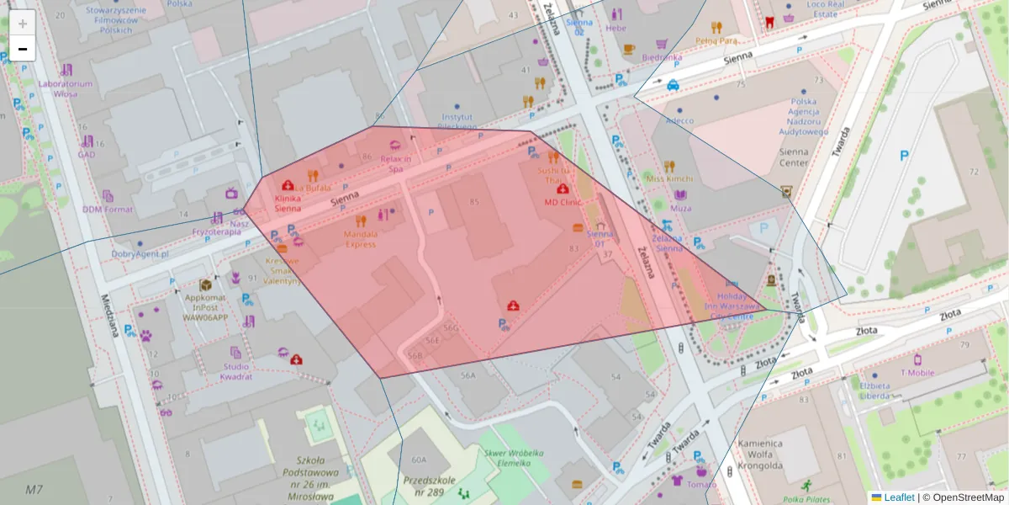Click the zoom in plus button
click(23, 23)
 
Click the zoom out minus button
click(23, 49)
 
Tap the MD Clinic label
click(563, 202)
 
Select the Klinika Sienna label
click(288, 203)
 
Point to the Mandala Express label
click(360, 239)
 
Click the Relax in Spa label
click(395, 163)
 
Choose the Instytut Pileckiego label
click(457, 121)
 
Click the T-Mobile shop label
click(917, 373)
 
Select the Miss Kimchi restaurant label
click(669, 178)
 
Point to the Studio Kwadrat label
click(236, 371)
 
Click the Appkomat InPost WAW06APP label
click(206, 307)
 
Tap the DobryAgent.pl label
click(140, 253)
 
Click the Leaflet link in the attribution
click(899, 497)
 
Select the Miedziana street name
click(108, 316)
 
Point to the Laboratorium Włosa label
click(66, 88)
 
